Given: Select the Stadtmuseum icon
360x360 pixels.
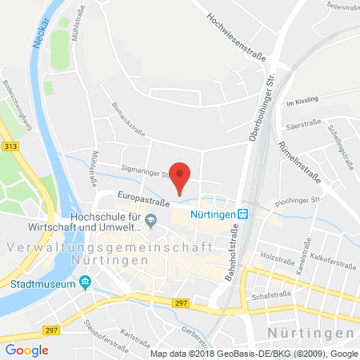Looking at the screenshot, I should pos(84,283).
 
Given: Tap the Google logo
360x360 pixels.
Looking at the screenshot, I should pos(27,350).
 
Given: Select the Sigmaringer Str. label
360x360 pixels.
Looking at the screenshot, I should pos(128,170).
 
